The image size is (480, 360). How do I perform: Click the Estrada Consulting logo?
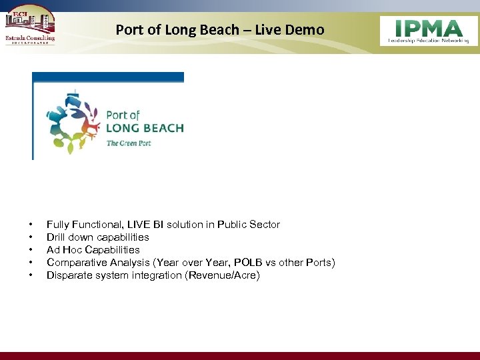coord(29,26)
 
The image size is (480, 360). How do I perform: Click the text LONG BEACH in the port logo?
coord(145,128)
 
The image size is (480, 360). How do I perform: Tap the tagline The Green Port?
coord(129,143)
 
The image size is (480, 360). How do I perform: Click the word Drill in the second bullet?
coord(56,237)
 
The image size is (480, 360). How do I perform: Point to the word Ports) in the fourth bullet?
coord(319,263)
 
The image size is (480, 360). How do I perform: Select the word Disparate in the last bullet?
coord(68,275)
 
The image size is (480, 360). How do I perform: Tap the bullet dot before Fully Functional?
coord(31,225)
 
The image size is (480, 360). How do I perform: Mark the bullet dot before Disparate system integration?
coord(31,275)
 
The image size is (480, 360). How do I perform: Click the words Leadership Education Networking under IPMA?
coord(429,41)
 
